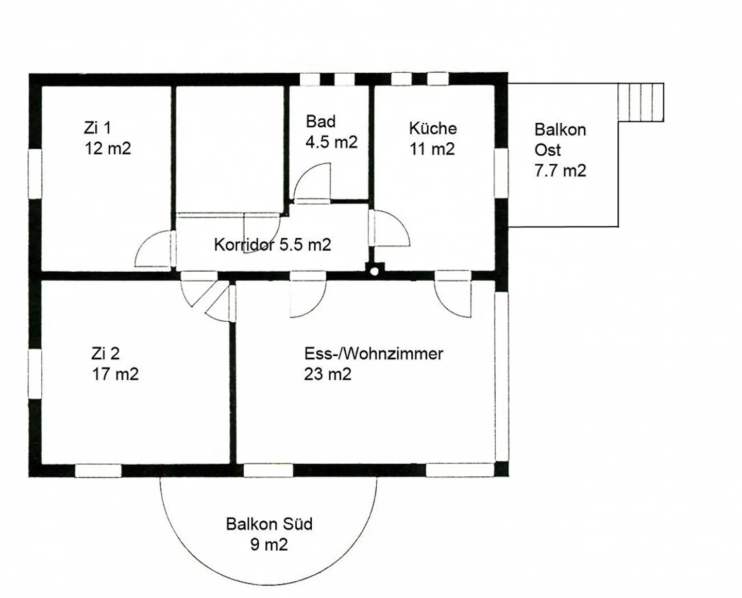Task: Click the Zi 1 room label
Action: [97, 128]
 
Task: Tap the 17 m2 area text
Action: [115, 374]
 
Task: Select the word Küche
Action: [433, 128]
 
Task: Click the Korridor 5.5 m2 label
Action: [273, 245]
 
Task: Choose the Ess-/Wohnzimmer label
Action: [374, 354]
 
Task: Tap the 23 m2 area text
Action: [328, 374]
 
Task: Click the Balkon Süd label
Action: [269, 524]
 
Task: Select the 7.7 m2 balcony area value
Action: [560, 171]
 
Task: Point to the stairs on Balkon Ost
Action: [640, 102]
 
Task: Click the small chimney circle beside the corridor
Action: [374, 272]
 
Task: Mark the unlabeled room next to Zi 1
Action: [230, 149]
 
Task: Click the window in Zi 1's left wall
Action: [35, 174]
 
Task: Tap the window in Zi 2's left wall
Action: [35, 374]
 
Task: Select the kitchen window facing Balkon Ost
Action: [501, 173]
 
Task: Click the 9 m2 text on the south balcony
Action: [269, 545]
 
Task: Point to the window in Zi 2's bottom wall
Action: [98, 471]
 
